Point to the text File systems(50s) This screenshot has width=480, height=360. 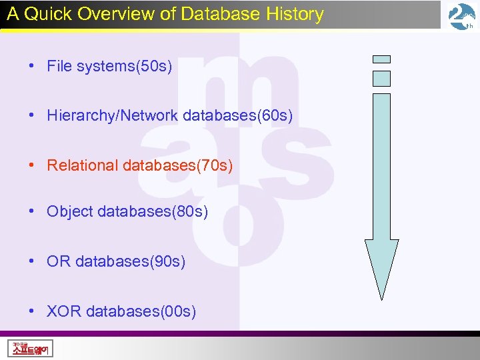109,66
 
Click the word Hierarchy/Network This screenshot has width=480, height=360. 112,115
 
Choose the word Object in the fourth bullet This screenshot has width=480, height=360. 70,212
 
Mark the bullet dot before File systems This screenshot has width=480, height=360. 31,66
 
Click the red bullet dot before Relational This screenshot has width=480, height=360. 31,165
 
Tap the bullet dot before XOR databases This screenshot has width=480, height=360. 31,311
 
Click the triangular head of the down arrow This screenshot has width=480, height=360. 381,267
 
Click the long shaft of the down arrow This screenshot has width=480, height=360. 381,167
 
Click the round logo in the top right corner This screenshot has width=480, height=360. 461,16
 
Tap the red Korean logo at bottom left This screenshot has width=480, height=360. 31,348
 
